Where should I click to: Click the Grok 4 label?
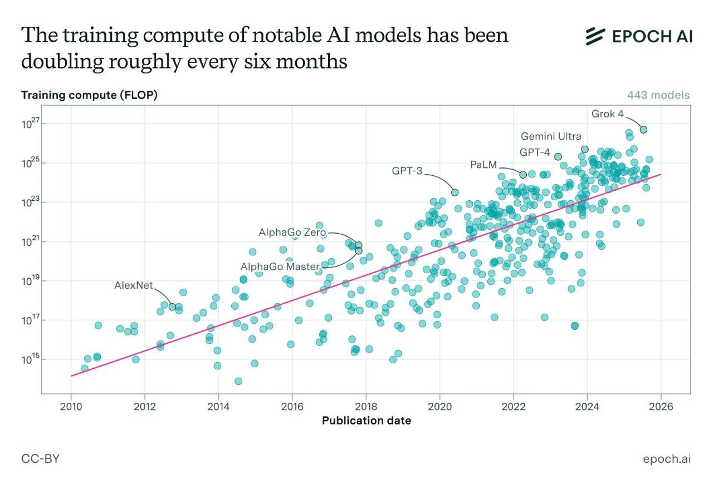pyautogui.click(x=607, y=114)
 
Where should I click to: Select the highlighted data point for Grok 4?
pyautogui.click(x=643, y=130)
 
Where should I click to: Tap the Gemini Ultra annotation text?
pyautogui.click(x=550, y=136)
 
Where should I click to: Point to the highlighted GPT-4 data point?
pyautogui.click(x=558, y=156)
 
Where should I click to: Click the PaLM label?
pyautogui.click(x=483, y=165)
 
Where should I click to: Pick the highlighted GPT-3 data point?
pyautogui.click(x=455, y=192)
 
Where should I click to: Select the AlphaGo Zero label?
pyautogui.click(x=292, y=233)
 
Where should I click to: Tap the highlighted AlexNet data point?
pyautogui.click(x=172, y=307)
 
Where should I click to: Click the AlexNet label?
pyautogui.click(x=134, y=285)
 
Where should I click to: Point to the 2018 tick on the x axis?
pyautogui.click(x=366, y=406)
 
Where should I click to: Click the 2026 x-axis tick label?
pyautogui.click(x=661, y=406)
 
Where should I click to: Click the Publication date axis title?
pyautogui.click(x=366, y=421)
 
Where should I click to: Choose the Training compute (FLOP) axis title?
pyautogui.click(x=89, y=95)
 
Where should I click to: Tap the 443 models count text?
pyautogui.click(x=658, y=95)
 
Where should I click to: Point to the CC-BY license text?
pyautogui.click(x=41, y=459)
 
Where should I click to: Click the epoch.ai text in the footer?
pyautogui.click(x=667, y=459)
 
